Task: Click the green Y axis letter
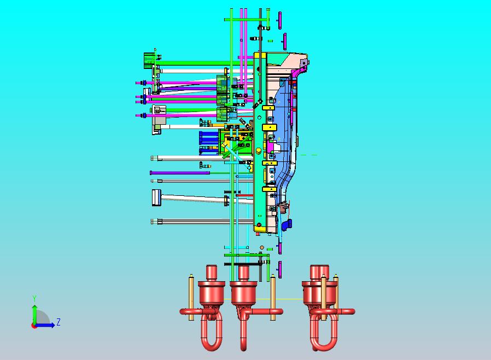pos(34,298)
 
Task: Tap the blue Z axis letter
pos(59,322)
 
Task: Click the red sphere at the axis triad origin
pos(33,326)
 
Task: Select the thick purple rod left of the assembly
pos(180,173)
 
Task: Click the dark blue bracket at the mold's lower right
pos(287,225)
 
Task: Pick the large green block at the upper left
pos(149,61)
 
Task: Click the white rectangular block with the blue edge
pos(156,198)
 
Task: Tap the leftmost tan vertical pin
pos(191,297)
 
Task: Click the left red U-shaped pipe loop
pos(212,332)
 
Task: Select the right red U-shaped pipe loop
pos(324,332)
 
